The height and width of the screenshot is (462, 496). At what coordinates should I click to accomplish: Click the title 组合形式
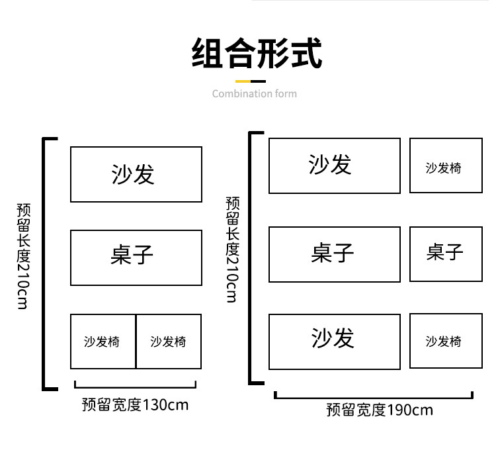[256, 54]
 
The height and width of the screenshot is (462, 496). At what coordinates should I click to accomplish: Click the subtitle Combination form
[255, 94]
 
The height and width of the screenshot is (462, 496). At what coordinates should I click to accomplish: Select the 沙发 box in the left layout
[136, 174]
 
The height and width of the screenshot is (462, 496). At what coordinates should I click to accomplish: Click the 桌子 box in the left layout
[136, 257]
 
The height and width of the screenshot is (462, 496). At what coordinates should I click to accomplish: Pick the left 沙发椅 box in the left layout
[103, 342]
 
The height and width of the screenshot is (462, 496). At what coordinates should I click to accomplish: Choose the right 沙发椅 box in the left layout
[169, 342]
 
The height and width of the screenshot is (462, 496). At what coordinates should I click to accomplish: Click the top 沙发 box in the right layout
[334, 165]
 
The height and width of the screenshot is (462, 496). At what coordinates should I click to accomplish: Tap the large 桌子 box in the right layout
[334, 254]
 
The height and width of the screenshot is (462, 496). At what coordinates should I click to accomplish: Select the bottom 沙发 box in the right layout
[334, 342]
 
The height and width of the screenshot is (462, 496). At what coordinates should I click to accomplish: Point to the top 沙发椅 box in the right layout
[445, 165]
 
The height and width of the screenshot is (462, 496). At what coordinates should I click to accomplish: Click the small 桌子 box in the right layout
[445, 254]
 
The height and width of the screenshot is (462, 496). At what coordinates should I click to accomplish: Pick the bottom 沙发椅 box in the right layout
[445, 342]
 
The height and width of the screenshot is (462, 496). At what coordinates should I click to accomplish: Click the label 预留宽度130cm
[135, 404]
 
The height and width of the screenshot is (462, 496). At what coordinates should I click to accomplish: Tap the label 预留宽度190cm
[379, 410]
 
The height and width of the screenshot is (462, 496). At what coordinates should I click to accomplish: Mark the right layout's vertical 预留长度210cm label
[231, 250]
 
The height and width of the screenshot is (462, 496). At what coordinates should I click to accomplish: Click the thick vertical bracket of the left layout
[45, 263]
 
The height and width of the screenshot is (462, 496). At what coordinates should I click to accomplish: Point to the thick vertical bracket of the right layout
[251, 258]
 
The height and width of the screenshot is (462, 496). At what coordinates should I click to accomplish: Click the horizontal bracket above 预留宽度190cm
[374, 397]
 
